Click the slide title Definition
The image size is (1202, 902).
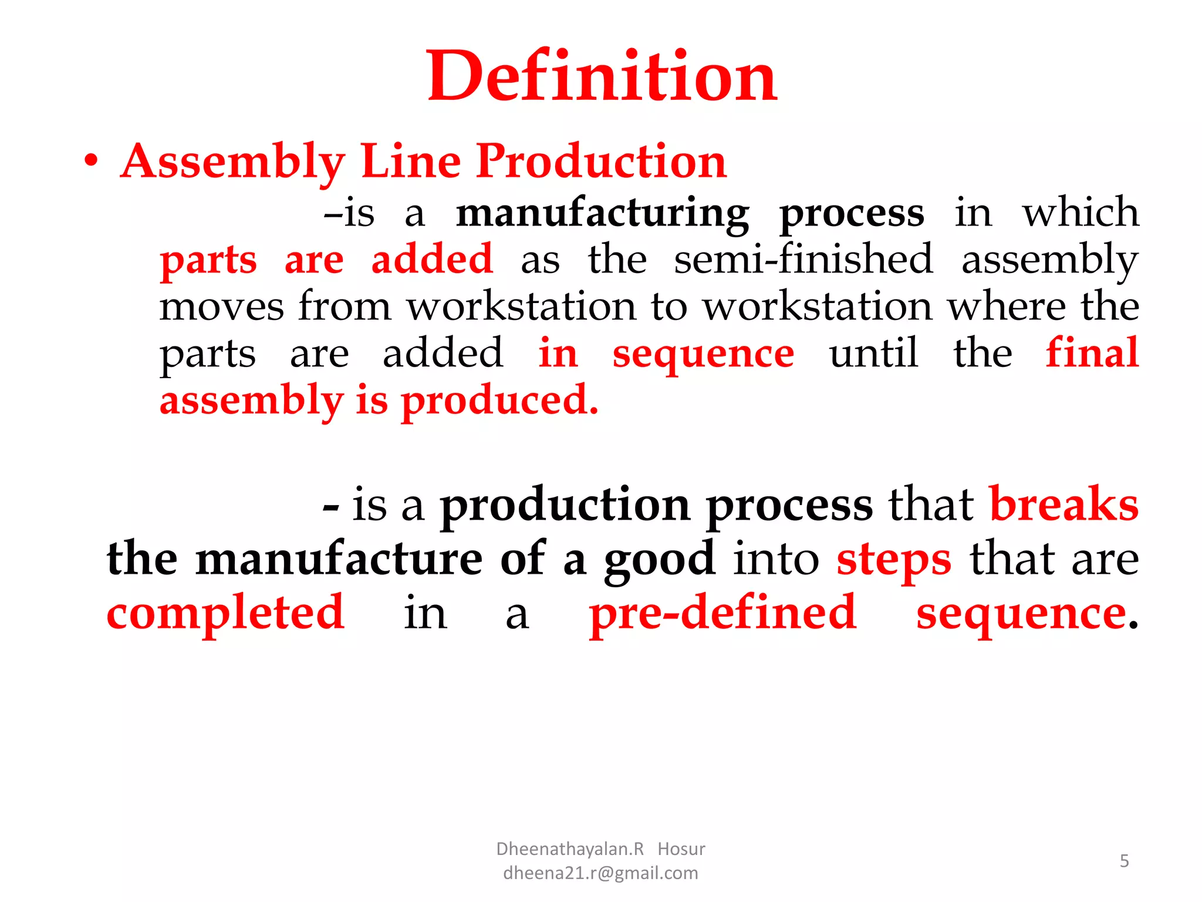coord(602,76)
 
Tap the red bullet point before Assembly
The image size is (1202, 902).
coord(90,161)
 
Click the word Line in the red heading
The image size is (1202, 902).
coord(411,161)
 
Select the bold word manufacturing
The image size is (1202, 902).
coord(603,213)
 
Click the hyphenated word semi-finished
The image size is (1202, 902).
coord(803,259)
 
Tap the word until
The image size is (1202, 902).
coord(873,354)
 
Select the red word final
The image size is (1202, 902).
coord(1092,353)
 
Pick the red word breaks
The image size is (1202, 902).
coord(1064,504)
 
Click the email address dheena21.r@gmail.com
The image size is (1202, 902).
coord(600,873)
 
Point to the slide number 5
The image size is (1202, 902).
coord(1124,861)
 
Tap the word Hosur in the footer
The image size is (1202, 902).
coord(681,849)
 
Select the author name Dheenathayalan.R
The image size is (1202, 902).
coord(570,849)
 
